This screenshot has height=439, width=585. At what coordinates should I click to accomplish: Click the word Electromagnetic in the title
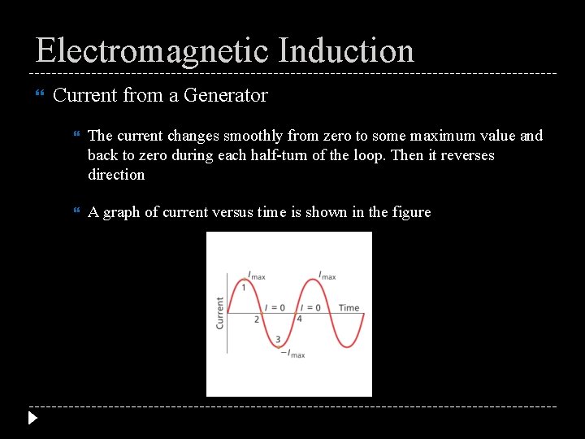[152, 50]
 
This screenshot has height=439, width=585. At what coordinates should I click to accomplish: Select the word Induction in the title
[346, 50]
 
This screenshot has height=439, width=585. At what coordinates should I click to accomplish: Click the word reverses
[467, 155]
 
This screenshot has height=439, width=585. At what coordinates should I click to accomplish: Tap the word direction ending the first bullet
[116, 175]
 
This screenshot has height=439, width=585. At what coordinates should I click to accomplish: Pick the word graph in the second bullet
[122, 212]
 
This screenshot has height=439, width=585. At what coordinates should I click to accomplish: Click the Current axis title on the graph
[220, 313]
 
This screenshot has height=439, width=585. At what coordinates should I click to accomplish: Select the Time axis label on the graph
[349, 307]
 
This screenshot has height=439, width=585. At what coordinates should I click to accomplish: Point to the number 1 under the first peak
[244, 287]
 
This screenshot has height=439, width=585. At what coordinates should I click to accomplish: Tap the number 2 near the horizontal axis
[257, 319]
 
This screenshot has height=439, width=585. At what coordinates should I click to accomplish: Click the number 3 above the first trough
[278, 339]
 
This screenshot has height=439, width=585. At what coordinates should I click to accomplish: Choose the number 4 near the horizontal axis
[299, 319]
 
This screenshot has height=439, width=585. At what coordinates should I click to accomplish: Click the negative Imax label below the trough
[292, 354]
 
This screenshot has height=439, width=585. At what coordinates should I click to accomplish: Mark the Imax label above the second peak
[327, 276]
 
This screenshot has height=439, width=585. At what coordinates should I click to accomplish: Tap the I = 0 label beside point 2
[275, 307]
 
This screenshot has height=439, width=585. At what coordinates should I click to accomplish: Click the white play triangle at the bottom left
[32, 419]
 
